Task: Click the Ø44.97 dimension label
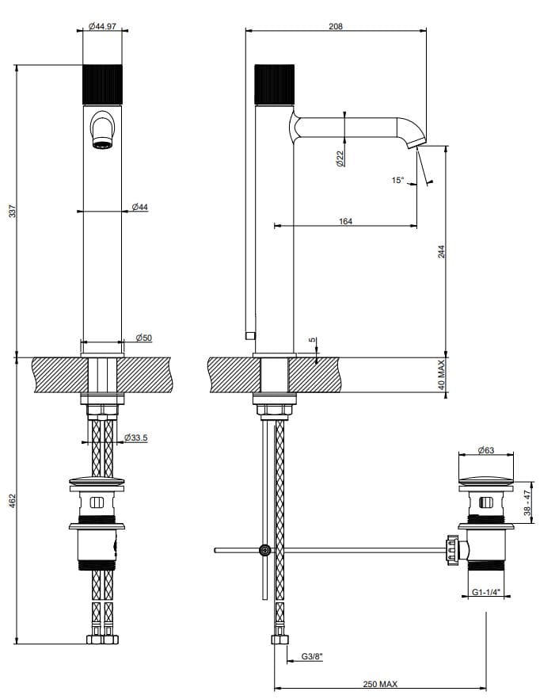click(104, 26)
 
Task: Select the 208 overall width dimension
click(335, 26)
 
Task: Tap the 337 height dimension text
click(11, 212)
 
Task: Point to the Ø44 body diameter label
click(139, 207)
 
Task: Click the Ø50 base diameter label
click(143, 338)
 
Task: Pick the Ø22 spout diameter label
click(339, 158)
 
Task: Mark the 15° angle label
click(397, 181)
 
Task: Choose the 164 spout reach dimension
click(345, 221)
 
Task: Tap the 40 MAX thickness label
click(441, 374)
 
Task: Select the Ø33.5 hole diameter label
click(138, 437)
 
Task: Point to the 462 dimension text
click(11, 501)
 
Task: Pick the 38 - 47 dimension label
click(527, 502)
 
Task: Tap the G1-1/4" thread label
click(486, 591)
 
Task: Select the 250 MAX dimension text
click(380, 683)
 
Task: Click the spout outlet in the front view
click(102, 142)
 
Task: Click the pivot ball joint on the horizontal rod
click(264, 550)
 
